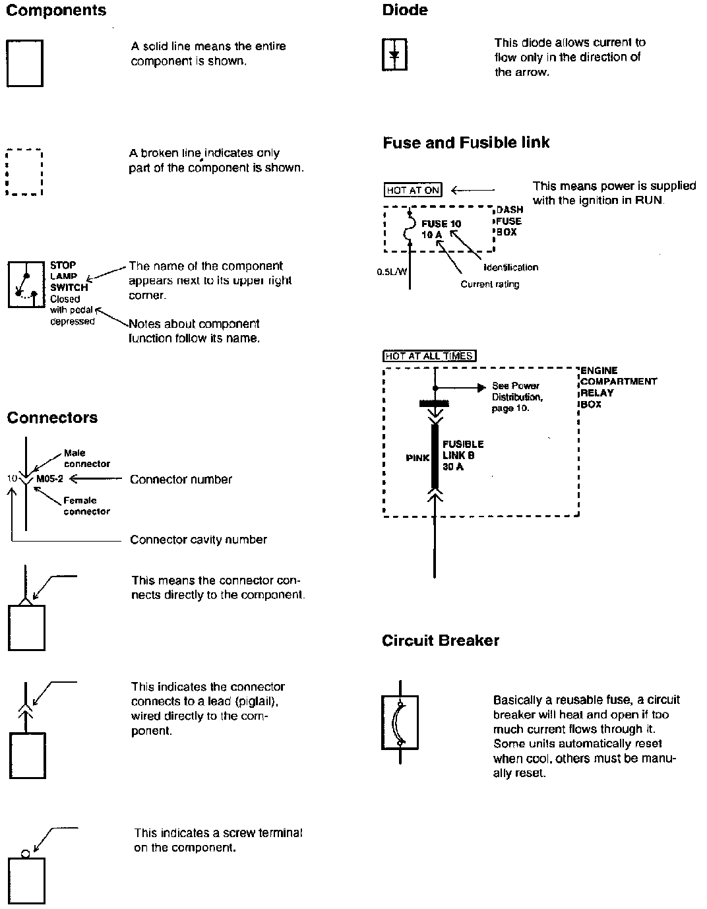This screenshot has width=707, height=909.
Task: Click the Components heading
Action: [56, 11]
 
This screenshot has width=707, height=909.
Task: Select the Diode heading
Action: [405, 11]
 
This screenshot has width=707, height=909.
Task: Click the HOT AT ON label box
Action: [413, 190]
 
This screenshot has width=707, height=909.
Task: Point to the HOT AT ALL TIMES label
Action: [429, 356]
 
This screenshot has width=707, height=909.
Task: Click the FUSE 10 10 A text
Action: [441, 229]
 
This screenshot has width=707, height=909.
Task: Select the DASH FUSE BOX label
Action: [510, 221]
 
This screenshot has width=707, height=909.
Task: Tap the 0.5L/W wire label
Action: [391, 271]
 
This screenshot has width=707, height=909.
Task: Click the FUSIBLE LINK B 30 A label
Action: [462, 455]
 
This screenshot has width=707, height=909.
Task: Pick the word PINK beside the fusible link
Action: [417, 458]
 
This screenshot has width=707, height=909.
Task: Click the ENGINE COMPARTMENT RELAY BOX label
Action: [618, 387]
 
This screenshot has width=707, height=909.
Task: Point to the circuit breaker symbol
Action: [400, 722]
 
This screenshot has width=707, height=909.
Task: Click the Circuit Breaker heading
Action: [441, 641]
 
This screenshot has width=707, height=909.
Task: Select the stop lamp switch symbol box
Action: [26, 284]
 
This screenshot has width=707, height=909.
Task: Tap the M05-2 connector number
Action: [49, 480]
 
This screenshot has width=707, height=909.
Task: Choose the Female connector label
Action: [86, 506]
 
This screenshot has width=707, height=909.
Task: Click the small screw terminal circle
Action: [26, 853]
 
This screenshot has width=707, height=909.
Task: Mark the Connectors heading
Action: [52, 418]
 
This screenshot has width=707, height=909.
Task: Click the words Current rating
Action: [489, 284]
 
